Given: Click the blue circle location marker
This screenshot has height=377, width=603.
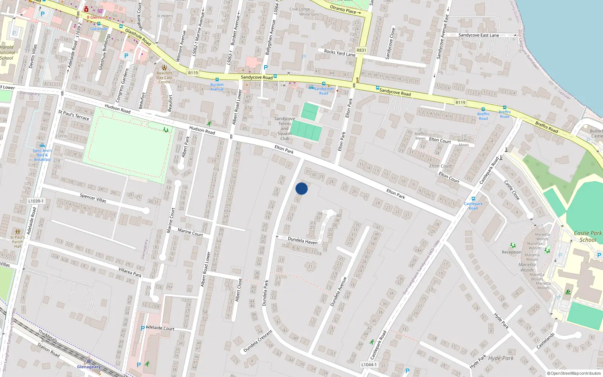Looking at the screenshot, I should tap(301, 188).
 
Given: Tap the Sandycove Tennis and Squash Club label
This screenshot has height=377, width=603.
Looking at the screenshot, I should tap(285, 129).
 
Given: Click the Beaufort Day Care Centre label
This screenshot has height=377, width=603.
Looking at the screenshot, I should tap(164, 77).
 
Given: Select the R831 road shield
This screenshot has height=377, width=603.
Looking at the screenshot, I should tap(361, 50).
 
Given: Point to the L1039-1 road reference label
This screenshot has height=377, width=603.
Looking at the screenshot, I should tap(36, 201).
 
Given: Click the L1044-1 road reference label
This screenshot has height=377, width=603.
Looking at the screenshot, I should tap(369, 365).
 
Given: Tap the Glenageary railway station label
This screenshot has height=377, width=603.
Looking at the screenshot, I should tap(89, 367).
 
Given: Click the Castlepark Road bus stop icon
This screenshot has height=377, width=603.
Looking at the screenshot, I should tap(473, 199).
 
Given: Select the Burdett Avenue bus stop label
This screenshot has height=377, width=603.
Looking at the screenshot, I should tap(217, 87).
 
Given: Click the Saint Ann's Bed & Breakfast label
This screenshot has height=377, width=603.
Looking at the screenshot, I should tap(42, 155).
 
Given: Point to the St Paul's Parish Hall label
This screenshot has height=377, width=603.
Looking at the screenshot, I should tap(17, 242).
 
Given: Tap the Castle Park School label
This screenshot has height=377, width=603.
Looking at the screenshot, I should tap(588, 236).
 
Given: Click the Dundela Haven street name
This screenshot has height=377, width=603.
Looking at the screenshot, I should tap(302, 241).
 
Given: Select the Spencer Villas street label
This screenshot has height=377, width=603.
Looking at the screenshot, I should tap(93, 198).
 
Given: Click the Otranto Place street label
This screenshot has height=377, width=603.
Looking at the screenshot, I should tap(345, 10).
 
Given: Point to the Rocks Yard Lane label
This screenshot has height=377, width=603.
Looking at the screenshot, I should tap(340, 53).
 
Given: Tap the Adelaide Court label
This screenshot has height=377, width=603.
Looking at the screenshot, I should tap(160, 328).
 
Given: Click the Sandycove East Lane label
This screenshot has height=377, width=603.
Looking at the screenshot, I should tap(479, 35).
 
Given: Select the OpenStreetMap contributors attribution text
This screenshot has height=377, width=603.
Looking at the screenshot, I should tap(574, 373).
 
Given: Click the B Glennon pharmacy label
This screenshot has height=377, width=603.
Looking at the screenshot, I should tap(96, 17).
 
